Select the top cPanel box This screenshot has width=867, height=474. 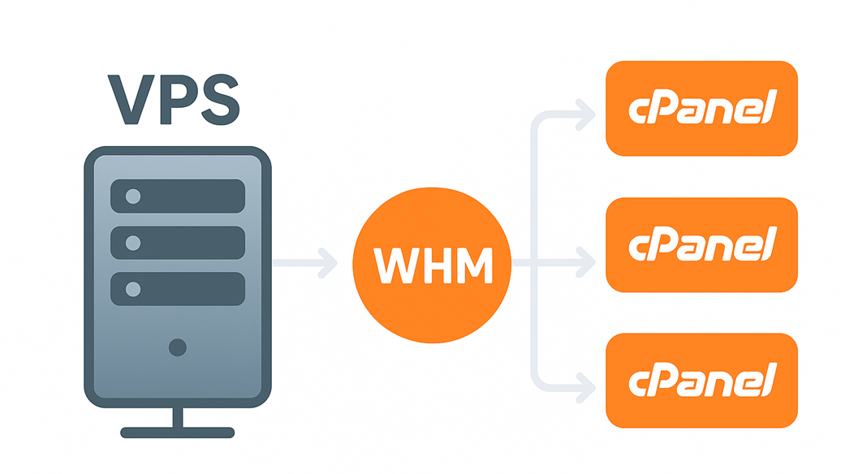pos(702,108)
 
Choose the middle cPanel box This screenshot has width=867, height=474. pos(702,244)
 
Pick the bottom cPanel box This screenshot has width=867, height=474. pos(702,380)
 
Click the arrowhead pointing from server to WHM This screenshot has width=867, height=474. pos(329,263)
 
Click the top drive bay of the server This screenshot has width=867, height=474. pos(177,196)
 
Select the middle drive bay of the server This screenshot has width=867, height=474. pos(177,243)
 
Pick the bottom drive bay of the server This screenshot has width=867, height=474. pos(177,289)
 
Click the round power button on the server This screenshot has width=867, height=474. pos(177,347)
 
